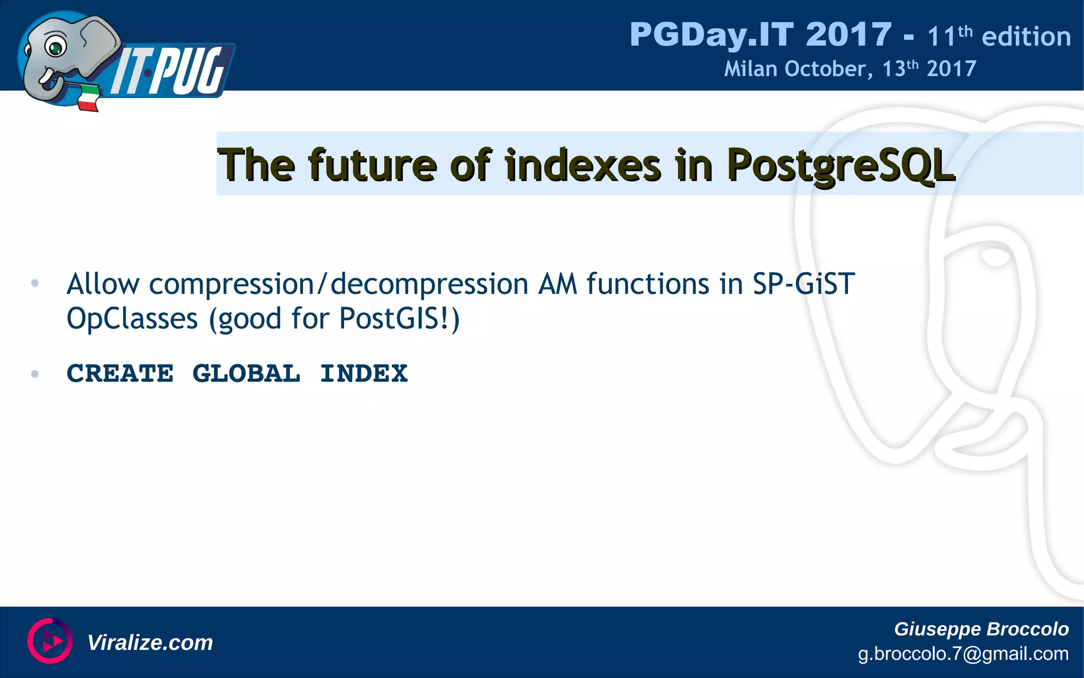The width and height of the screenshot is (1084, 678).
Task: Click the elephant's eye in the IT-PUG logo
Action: point(55,47)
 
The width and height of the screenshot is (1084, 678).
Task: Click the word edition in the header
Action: point(1026,37)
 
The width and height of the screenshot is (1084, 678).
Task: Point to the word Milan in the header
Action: point(750,69)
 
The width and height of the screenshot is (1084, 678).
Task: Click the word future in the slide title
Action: point(373,165)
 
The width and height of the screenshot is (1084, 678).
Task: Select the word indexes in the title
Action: point(582,165)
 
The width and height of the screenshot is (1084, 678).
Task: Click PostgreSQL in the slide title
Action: point(841,165)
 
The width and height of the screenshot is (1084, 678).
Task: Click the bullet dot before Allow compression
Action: point(35,283)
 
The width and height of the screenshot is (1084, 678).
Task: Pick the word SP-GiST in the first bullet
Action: point(803,284)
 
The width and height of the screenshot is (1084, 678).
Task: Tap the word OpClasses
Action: point(132,319)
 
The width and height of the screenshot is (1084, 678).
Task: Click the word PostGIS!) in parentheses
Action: point(399,319)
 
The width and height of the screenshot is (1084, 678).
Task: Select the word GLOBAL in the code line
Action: point(246,373)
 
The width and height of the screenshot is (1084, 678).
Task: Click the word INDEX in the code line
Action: point(364,373)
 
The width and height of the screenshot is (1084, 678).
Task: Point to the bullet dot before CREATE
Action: point(35,374)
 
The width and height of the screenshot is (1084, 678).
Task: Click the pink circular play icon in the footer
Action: point(50,641)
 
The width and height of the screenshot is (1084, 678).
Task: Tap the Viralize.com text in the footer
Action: point(150,643)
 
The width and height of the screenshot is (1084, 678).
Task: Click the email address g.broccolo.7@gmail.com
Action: point(963,654)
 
